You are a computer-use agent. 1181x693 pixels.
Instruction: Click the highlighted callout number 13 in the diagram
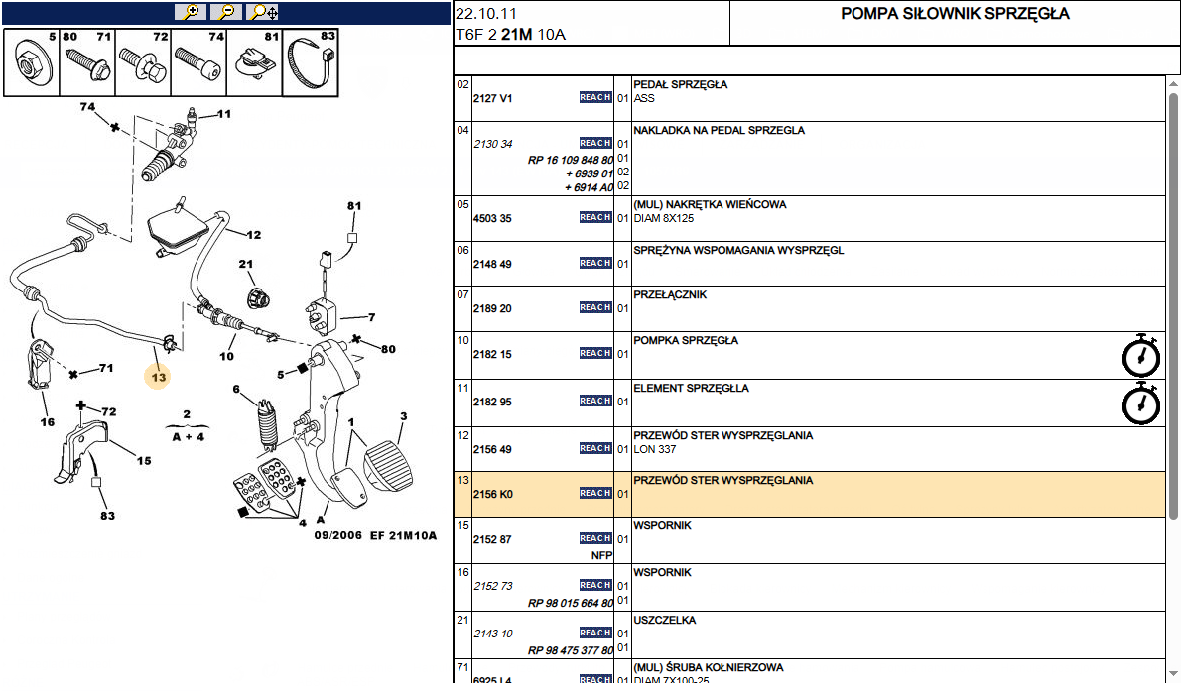click(x=158, y=376)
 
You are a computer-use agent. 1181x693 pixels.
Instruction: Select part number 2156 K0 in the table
click(x=492, y=495)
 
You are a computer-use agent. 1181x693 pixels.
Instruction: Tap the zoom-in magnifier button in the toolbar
click(x=191, y=12)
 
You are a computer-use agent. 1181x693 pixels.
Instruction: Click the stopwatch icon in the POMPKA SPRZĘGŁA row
click(x=1140, y=354)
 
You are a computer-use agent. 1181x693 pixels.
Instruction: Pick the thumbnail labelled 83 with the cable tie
click(x=311, y=62)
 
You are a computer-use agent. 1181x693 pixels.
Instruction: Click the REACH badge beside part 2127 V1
click(x=595, y=98)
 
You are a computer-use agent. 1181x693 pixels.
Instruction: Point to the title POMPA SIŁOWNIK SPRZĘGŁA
click(x=955, y=14)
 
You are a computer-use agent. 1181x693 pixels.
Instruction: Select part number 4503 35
click(x=492, y=219)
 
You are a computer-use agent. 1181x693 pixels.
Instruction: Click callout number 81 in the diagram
click(x=354, y=205)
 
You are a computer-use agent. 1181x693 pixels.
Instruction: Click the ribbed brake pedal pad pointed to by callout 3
click(x=389, y=467)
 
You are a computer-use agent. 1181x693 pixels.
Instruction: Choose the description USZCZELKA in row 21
click(x=664, y=620)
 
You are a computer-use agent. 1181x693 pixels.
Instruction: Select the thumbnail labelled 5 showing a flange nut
click(x=32, y=62)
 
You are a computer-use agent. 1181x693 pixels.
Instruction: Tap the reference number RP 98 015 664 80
click(x=571, y=604)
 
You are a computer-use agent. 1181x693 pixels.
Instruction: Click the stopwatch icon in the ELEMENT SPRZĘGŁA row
click(x=1140, y=404)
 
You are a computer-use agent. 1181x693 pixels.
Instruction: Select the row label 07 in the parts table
click(x=462, y=295)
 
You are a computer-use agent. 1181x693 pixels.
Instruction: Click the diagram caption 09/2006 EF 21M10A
click(x=375, y=535)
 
